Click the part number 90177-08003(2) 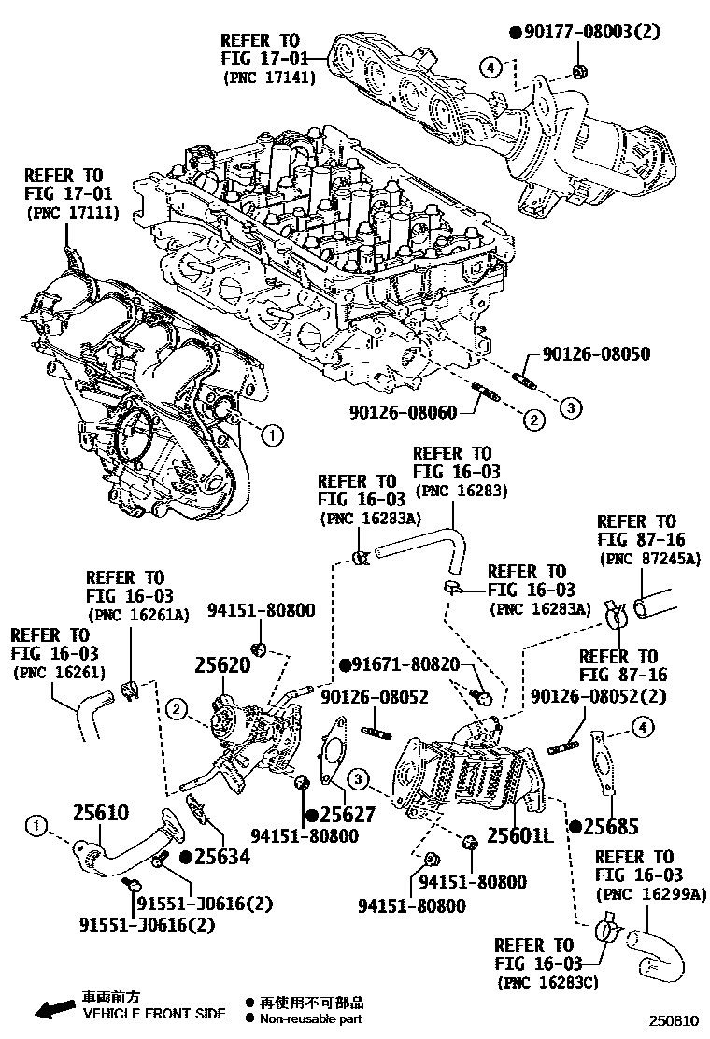point(590,32)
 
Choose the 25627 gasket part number point(347,815)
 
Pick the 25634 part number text point(221,856)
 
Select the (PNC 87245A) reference point(647,559)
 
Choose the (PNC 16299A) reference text point(646,894)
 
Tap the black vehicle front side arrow point(52,1008)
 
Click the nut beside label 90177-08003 point(578,72)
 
